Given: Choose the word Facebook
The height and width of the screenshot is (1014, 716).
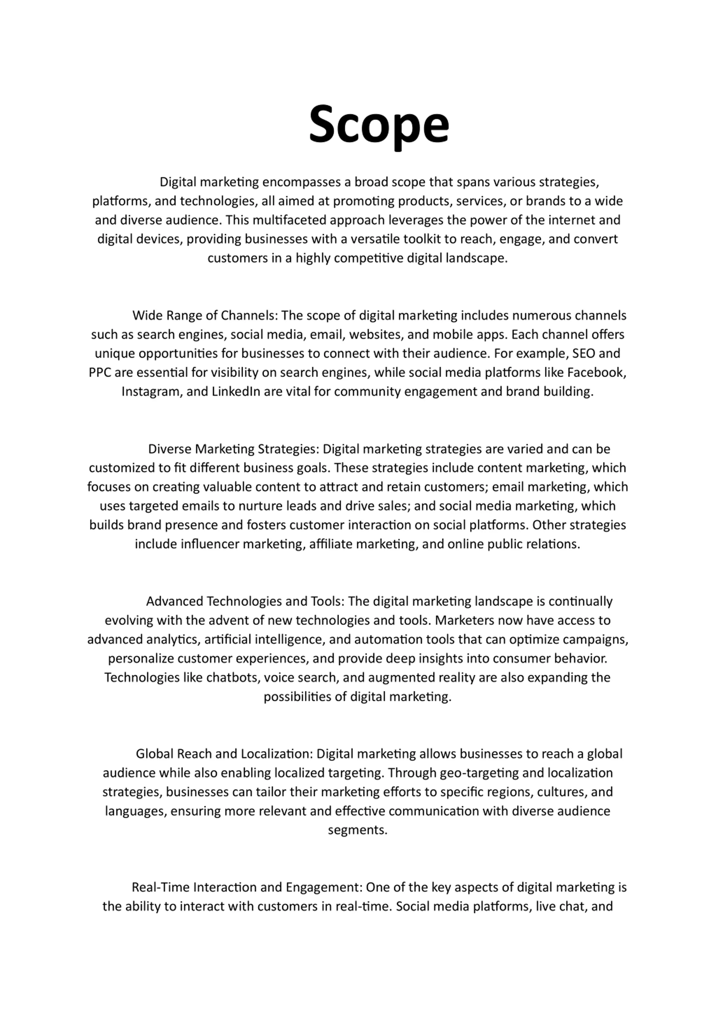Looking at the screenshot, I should (595, 372).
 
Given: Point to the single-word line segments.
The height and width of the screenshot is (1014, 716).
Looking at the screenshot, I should (357, 830).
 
